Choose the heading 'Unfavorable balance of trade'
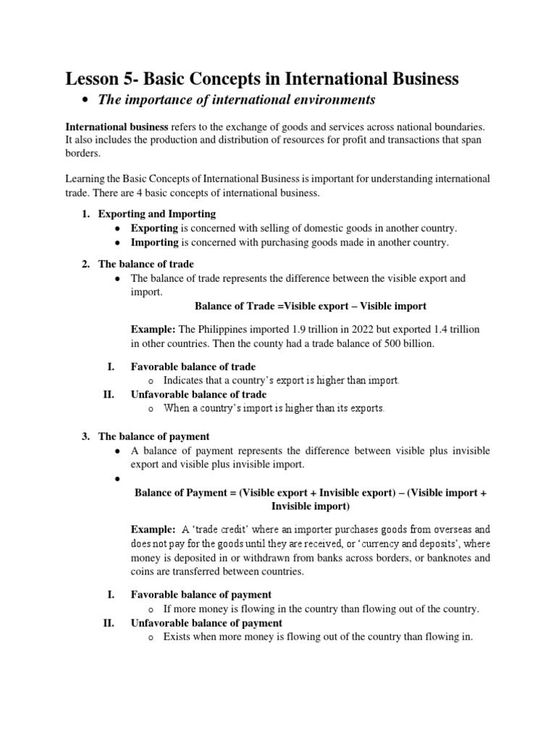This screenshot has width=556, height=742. [x=198, y=394]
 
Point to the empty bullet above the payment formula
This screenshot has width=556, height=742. [x=117, y=479]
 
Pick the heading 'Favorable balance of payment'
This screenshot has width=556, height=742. [x=201, y=594]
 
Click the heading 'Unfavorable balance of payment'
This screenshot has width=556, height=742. [x=206, y=622]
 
